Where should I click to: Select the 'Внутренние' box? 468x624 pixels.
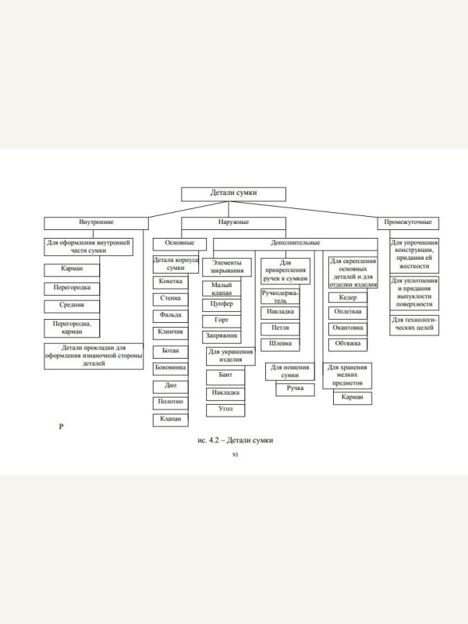96,222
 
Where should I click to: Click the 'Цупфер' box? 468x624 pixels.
222,303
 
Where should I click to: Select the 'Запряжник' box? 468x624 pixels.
222,336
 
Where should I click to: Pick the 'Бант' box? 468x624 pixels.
225,375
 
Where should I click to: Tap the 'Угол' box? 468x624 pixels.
225,409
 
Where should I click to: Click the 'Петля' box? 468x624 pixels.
281,328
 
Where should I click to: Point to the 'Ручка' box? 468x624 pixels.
295,388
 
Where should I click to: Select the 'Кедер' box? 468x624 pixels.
347,298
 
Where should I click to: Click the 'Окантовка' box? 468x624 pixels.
347,328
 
